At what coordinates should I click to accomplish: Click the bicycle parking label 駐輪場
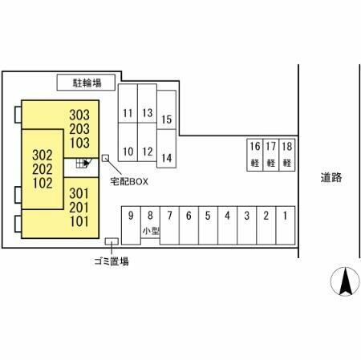(x=87, y=83)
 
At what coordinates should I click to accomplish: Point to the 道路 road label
(x=331, y=177)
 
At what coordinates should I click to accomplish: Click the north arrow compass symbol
(x=345, y=281)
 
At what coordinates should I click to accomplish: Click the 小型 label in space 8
(x=151, y=231)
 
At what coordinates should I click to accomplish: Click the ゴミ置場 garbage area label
(x=112, y=261)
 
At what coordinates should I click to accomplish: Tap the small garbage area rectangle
(x=112, y=241)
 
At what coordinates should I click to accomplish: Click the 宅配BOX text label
(x=129, y=182)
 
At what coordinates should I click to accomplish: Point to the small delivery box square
(x=105, y=158)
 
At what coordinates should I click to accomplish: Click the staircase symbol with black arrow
(x=83, y=163)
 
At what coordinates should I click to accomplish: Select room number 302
(x=43, y=156)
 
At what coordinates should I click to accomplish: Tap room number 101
(x=79, y=221)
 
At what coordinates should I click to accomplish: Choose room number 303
(x=79, y=115)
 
